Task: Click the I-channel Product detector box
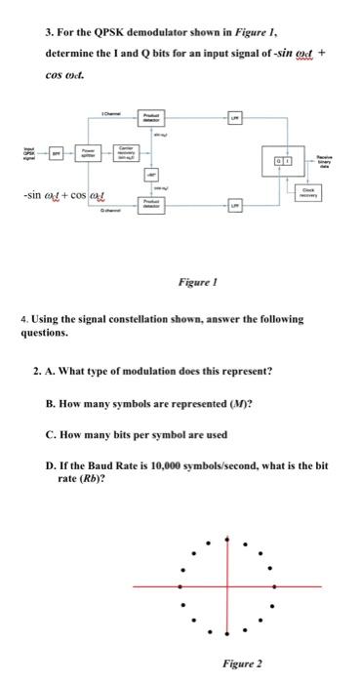pyautogui.click(x=152, y=119)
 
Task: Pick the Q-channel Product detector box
pyautogui.click(x=152, y=205)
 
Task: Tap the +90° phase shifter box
pyautogui.click(x=152, y=176)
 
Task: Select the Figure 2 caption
pyautogui.click(x=238, y=663)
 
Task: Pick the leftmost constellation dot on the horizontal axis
pyautogui.click(x=179, y=586)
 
